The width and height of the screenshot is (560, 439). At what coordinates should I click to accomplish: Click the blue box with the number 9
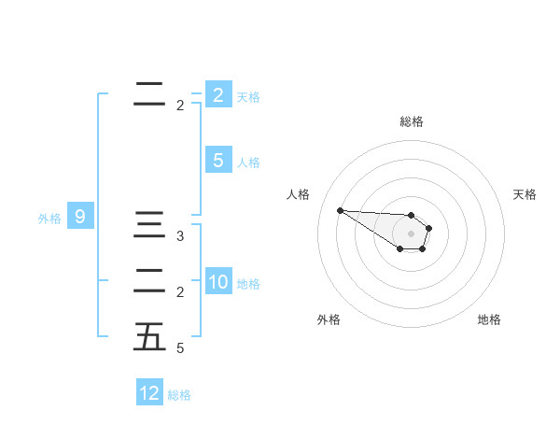coord(80,218)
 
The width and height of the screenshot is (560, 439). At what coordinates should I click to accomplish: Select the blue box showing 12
coord(149,393)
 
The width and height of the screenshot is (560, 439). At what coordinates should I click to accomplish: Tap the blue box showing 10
coord(218,283)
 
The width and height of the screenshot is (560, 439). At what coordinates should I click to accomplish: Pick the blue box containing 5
coord(218,161)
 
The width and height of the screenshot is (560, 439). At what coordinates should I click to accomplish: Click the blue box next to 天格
coord(218,94)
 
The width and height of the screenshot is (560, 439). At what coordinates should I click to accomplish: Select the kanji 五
coord(149,337)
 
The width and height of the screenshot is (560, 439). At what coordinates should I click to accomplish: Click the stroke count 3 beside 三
coord(180,236)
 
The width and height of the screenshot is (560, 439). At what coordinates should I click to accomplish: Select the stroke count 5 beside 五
coord(180,348)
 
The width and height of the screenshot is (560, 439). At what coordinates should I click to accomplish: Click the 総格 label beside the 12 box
coord(179,395)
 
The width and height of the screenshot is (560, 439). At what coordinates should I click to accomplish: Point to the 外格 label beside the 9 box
coord(49,219)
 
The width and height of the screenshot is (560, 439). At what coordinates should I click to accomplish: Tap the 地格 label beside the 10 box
coord(249,284)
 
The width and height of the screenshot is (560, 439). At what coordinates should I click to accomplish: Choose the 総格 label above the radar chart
coord(411,121)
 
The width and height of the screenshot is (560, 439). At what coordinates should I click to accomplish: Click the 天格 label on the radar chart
coord(525,194)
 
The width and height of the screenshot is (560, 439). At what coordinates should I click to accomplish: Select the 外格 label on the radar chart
coord(329,319)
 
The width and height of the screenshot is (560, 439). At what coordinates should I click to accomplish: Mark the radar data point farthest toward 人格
coord(340,210)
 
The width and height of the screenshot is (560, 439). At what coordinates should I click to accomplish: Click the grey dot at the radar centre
coord(411,234)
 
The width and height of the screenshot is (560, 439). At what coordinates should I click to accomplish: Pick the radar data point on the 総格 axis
coord(411,215)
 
